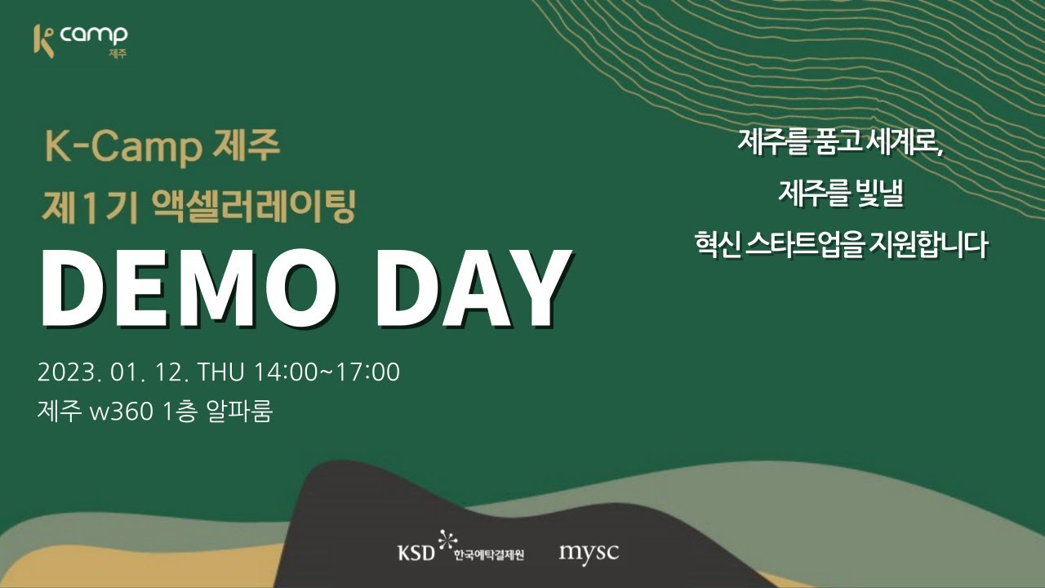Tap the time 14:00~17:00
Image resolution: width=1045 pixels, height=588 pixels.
point(327,372)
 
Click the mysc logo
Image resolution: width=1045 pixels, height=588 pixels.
point(589,552)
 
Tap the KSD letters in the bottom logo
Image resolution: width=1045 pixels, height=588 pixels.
point(416,553)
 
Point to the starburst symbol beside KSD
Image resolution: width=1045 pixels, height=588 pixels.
point(445,540)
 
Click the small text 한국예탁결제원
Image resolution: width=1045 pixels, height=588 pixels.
point(489,555)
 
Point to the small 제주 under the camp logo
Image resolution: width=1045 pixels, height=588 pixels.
point(118,55)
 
